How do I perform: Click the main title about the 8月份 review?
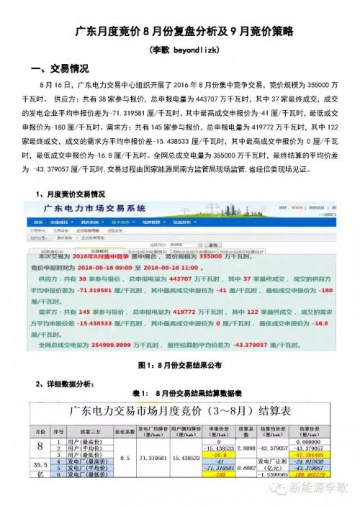coord(180,33)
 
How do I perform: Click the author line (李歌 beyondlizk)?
coord(180,51)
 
